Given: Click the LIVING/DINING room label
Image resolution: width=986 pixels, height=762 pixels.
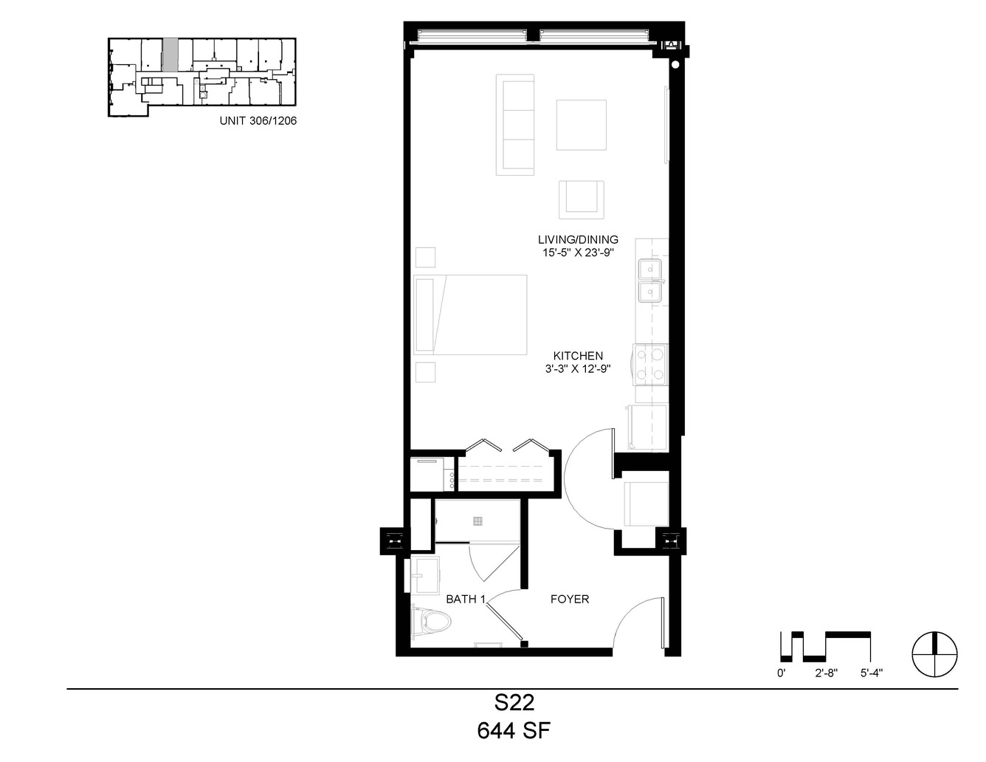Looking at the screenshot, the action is coord(578,239).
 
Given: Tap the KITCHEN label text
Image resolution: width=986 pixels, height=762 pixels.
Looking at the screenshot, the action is coord(578,355).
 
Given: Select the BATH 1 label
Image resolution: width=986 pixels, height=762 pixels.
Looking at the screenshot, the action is coord(466,599).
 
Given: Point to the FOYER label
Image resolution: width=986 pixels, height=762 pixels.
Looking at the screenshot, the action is coord(570,599).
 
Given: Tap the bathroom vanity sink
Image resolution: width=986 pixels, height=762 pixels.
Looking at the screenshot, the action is coord(426,574).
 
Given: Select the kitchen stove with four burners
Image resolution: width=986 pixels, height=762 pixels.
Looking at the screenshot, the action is coord(651,365).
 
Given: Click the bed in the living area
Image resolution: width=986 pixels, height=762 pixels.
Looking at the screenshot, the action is coord(470,315).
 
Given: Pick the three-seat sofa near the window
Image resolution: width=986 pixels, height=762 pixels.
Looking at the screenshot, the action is coord(515,125).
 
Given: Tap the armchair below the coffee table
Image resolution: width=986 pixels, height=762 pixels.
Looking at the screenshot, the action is coord(582,199).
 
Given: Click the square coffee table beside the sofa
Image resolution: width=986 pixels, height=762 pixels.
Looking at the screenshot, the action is coord(582,125).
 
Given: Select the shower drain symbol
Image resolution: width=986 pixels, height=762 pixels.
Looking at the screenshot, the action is coord(477,521).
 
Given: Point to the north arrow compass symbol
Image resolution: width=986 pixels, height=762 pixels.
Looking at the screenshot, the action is coord(935,654).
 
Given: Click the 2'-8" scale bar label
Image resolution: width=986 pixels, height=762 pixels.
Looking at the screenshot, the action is coord(827,673).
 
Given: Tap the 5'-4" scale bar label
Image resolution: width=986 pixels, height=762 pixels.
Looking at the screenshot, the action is coord(872,673).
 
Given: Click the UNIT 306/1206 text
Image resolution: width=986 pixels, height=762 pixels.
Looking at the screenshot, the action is coord(258,120).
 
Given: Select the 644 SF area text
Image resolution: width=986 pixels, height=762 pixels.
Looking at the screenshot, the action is coord(514,731).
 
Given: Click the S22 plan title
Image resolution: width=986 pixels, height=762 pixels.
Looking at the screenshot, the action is coord(514,703).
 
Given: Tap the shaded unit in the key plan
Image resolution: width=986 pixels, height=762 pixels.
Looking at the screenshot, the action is coord(170,55).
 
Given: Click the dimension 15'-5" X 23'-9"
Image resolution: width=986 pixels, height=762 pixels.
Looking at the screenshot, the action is coord(578,253).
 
